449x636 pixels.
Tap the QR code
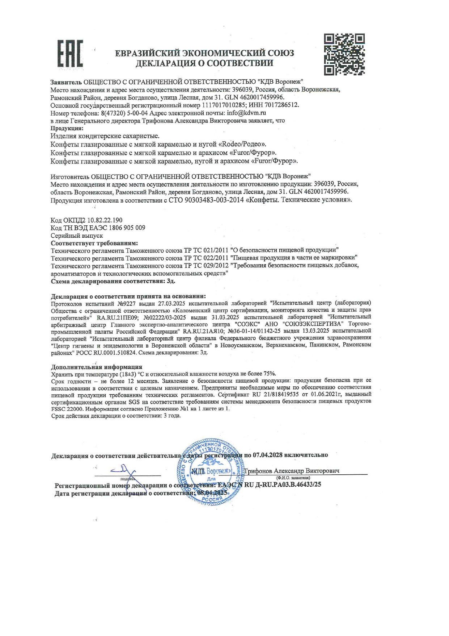344,54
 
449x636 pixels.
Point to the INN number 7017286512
281,105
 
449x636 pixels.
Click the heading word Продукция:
67,128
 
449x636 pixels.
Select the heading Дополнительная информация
97,367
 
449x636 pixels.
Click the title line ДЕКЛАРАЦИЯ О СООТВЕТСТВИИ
204,63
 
